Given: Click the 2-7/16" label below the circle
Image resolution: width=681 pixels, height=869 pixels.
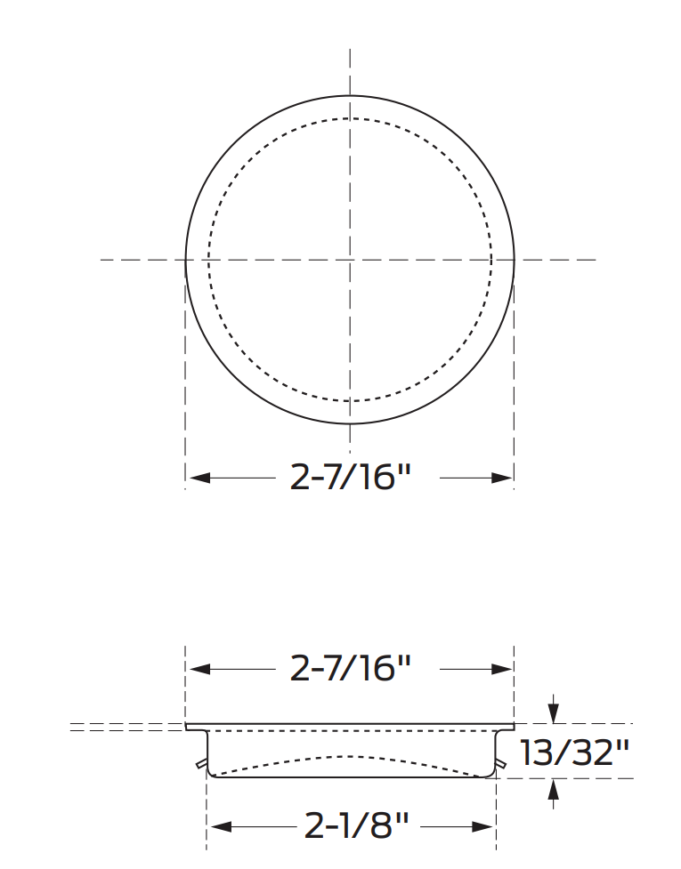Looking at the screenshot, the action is click(x=350, y=477).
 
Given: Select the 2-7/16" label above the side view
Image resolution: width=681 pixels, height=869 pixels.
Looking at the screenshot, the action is click(x=350, y=669).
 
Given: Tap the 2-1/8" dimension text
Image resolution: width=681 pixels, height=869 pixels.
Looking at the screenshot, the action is click(x=357, y=826).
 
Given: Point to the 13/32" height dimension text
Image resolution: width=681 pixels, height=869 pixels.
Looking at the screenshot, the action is click(x=574, y=752).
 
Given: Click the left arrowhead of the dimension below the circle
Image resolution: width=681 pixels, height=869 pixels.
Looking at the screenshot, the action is click(x=199, y=478).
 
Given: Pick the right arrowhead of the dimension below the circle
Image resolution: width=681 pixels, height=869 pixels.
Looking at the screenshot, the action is click(x=501, y=478).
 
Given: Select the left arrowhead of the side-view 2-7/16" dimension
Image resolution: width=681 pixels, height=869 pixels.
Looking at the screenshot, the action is click(x=199, y=670).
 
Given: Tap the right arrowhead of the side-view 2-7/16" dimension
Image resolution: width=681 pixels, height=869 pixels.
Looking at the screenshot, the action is click(x=501, y=670).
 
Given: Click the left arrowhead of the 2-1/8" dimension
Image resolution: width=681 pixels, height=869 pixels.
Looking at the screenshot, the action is click(x=222, y=827).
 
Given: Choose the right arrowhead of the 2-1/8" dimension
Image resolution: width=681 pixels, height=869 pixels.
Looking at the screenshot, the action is click(x=482, y=827).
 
